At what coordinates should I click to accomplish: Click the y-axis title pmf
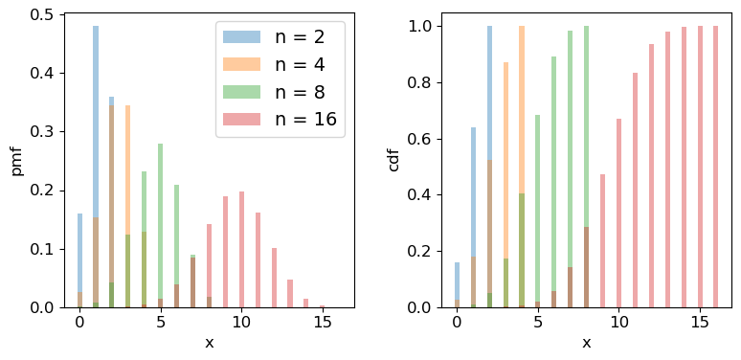coord(16,160)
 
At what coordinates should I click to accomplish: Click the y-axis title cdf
coord(393,160)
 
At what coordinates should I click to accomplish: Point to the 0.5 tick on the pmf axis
coord(44,14)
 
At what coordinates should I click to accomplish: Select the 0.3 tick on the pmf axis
coord(44,132)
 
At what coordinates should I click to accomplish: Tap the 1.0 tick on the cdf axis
coord(421,26)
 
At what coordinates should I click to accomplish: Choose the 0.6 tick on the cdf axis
coord(421,139)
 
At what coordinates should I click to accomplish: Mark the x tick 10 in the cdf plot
coord(619,323)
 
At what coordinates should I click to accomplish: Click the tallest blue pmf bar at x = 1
coord(96,168)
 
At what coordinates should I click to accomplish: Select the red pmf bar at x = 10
coord(241,250)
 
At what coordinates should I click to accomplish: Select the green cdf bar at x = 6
coord(553,182)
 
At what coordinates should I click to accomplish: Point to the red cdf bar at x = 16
coord(716,167)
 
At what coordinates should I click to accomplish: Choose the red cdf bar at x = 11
coord(635,191)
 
